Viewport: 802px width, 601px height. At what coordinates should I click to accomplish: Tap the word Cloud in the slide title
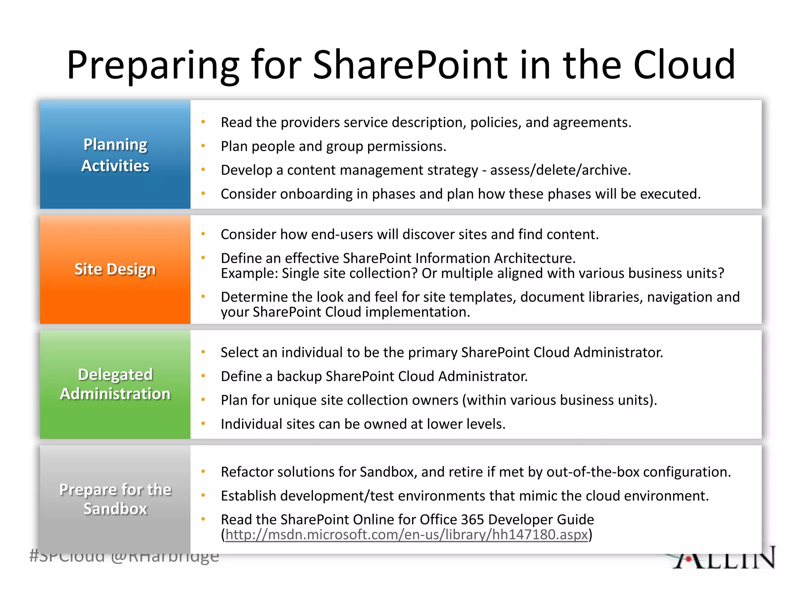(x=684, y=65)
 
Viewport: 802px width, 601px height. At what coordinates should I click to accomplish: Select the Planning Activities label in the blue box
(x=115, y=155)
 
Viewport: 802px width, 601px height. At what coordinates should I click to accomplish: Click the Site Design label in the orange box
(x=115, y=269)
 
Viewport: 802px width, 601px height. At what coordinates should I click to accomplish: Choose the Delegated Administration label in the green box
(x=115, y=384)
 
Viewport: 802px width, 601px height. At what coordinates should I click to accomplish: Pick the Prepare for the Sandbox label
(x=115, y=499)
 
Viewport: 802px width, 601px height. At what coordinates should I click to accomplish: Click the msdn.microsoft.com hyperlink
(x=406, y=534)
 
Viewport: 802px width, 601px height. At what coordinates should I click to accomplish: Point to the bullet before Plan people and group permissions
(x=203, y=146)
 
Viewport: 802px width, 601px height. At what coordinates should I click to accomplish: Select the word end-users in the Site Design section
(x=337, y=234)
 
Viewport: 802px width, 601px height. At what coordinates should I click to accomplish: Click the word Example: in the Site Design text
(x=249, y=273)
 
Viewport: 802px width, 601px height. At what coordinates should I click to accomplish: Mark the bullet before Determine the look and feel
(x=203, y=297)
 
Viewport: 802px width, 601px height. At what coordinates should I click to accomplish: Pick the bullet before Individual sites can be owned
(x=203, y=424)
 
